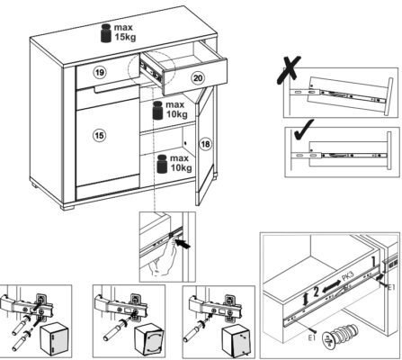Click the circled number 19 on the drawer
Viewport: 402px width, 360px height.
(100, 72)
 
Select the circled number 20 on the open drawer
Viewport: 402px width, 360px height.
(198, 78)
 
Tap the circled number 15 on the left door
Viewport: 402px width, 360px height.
(99, 135)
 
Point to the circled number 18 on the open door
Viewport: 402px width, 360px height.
(206, 144)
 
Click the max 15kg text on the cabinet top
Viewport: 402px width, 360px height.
(125, 32)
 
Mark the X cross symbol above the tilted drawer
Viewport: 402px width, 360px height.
(289, 69)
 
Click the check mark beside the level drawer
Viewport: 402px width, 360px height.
(303, 130)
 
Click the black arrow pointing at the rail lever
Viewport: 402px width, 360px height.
(183, 243)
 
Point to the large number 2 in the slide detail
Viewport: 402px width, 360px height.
(316, 292)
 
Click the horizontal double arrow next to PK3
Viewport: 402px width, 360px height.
(331, 286)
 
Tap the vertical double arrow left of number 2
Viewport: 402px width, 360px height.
(306, 300)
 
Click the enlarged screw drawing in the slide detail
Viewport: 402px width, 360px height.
(340, 335)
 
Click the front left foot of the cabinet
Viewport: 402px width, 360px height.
(67, 207)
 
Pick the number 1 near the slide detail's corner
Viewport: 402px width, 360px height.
(373, 262)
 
